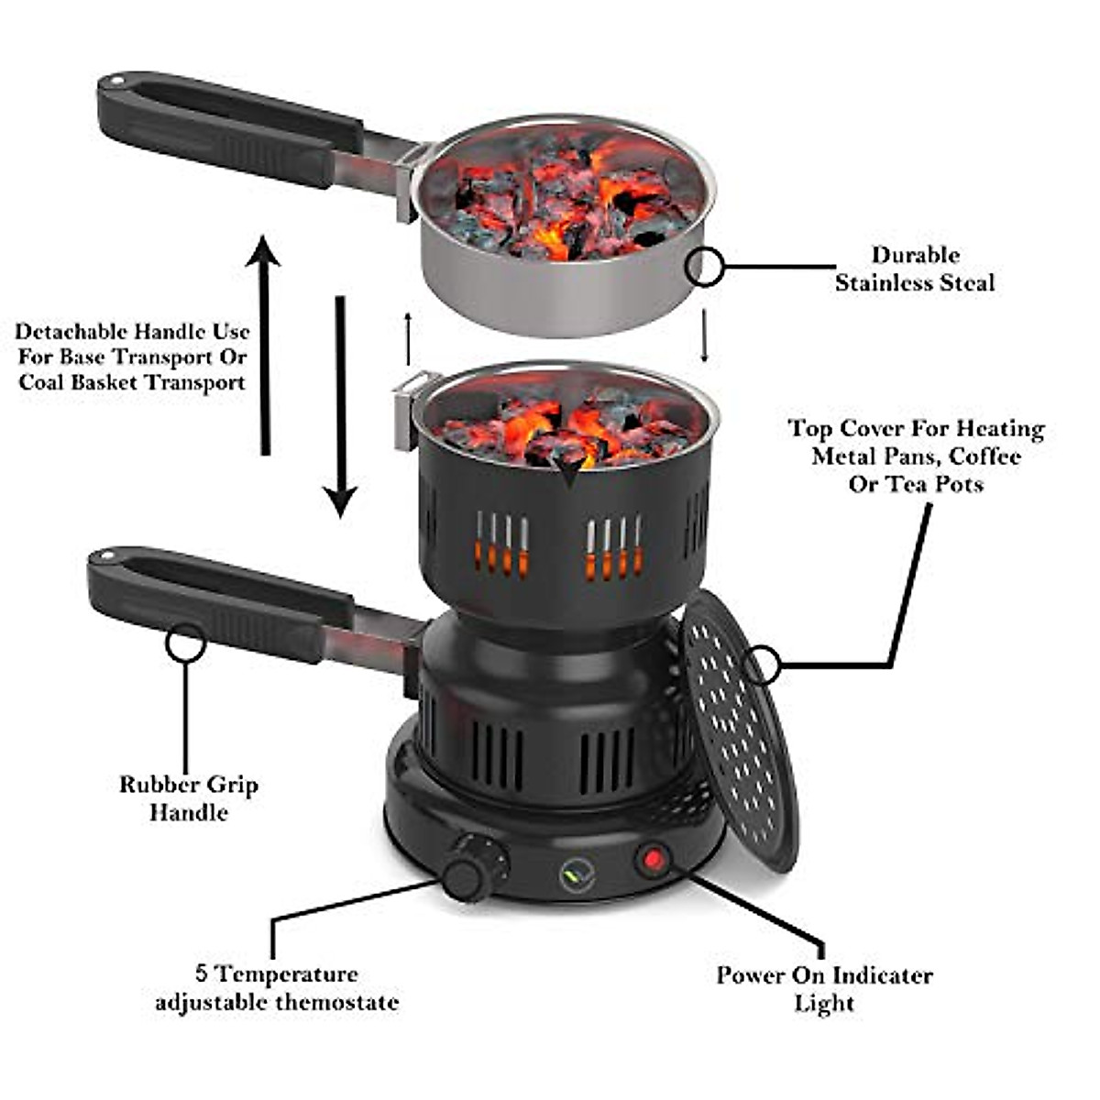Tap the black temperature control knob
click(x=474, y=866)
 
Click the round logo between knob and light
click(x=577, y=875)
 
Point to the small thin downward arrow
click(x=705, y=335)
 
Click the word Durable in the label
click(x=915, y=256)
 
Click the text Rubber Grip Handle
click(x=188, y=798)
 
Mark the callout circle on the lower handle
click(x=185, y=642)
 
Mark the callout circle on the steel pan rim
click(x=705, y=267)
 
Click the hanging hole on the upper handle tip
click(x=115, y=82)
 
